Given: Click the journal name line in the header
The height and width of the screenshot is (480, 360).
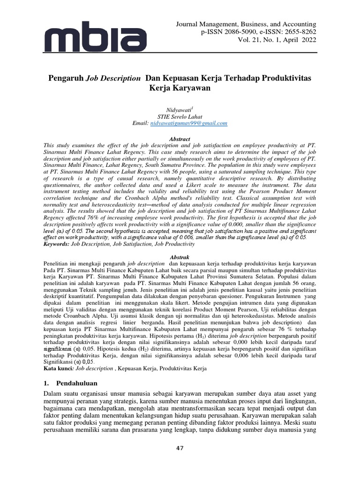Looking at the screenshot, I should tap(246, 24).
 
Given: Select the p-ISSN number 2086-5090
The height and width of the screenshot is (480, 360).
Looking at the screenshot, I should tap(227, 32).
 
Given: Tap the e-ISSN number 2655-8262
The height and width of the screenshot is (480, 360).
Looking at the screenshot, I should tap(292, 32).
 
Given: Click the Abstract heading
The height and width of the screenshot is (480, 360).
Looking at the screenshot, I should tap(180, 139).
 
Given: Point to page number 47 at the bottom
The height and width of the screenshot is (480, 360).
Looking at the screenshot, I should tap(180, 448).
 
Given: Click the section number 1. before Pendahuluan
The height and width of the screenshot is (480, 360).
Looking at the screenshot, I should tap(46, 384).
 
